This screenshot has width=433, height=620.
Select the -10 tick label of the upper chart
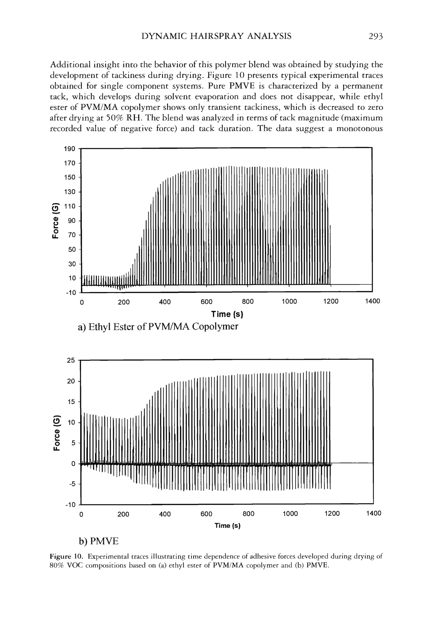(71, 293)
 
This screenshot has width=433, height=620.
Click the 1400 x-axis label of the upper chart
(372, 301)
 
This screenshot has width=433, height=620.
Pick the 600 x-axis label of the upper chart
(206, 301)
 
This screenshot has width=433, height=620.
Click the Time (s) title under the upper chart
(227, 314)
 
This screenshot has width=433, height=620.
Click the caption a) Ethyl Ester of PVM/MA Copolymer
(158, 327)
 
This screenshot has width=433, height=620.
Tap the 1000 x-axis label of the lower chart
(290, 513)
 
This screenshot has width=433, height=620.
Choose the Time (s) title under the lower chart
(227, 525)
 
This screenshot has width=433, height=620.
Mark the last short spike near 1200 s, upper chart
(330, 254)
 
